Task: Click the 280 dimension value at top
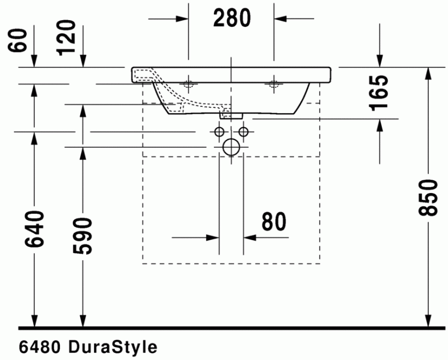coord(232,18)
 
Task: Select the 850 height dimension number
coord(428,197)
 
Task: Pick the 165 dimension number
coord(379,92)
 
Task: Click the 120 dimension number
coord(67,37)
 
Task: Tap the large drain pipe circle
coord(231,147)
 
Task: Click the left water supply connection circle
coord(218,132)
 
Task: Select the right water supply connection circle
coord(243,132)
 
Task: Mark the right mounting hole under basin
coord(274,85)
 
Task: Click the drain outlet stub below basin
coord(231,115)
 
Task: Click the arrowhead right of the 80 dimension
coord(250,237)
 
